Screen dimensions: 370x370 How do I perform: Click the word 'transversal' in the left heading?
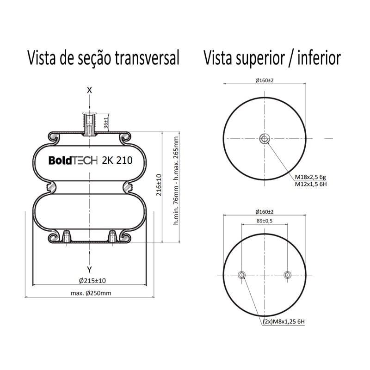point(147,57)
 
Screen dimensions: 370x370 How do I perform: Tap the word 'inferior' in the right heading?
point(319,57)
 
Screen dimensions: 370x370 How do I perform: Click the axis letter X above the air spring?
point(89,90)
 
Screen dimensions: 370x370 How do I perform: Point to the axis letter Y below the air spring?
point(89,270)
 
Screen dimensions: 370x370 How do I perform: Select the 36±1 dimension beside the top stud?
point(106,123)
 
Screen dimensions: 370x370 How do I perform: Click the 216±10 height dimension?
point(159,185)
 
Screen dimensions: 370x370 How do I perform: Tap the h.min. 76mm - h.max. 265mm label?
point(176,180)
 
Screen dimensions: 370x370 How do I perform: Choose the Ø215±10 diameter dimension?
point(92,281)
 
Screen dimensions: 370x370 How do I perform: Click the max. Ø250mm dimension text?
point(91,293)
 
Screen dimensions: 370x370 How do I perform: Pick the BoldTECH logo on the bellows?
point(73,160)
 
